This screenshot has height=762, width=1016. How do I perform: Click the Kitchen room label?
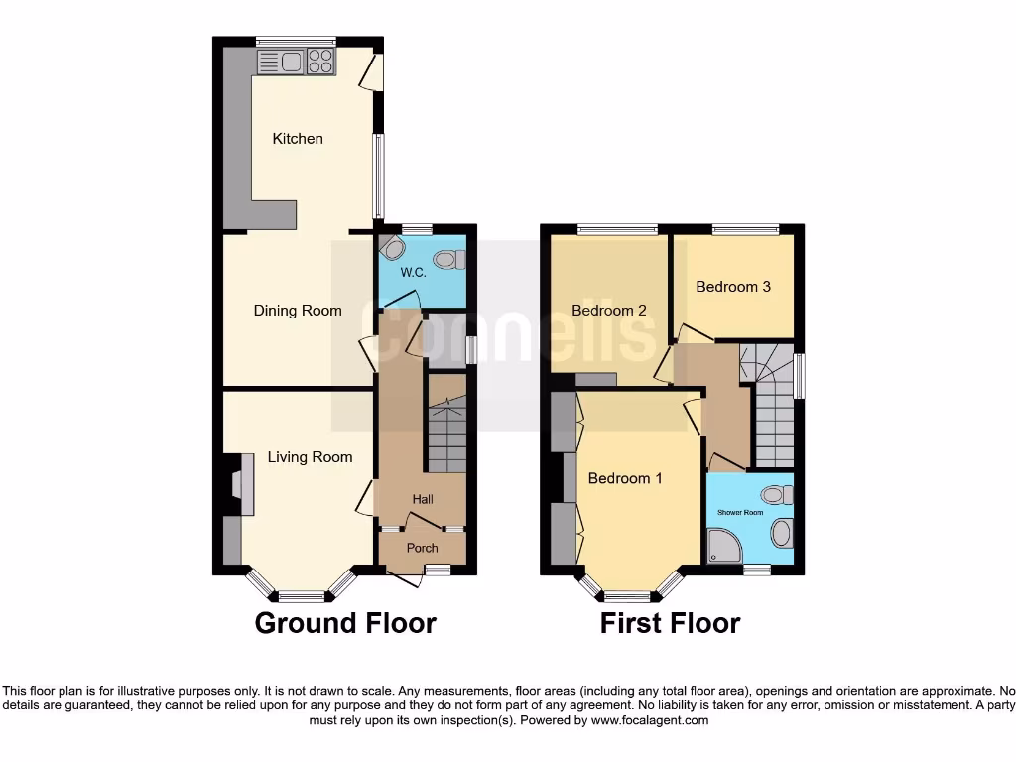tap(298, 139)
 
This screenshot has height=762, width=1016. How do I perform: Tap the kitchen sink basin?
tap(291, 63)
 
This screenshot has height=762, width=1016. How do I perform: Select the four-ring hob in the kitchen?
tap(320, 63)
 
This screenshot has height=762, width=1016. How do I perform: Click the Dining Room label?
tap(298, 311)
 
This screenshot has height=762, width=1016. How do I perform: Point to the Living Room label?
tap(310, 457)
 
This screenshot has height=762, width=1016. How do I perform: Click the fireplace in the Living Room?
tap(238, 485)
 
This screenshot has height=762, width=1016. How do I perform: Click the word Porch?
tap(423, 548)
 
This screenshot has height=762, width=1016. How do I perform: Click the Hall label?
tap(424, 498)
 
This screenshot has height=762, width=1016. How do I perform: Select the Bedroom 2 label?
tap(609, 311)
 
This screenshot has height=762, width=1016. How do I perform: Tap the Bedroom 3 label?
tap(733, 287)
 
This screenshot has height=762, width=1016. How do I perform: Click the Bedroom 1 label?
tap(625, 478)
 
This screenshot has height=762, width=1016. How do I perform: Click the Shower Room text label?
tap(740, 513)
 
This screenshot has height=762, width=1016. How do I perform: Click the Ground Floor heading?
tap(345, 623)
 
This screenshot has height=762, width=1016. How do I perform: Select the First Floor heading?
tap(670, 623)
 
